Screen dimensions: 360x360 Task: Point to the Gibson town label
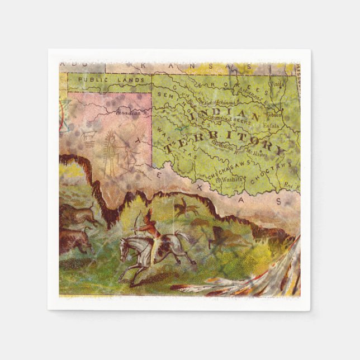274,114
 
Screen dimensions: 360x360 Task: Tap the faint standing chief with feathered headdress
111,153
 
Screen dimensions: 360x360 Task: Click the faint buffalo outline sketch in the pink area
88,136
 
